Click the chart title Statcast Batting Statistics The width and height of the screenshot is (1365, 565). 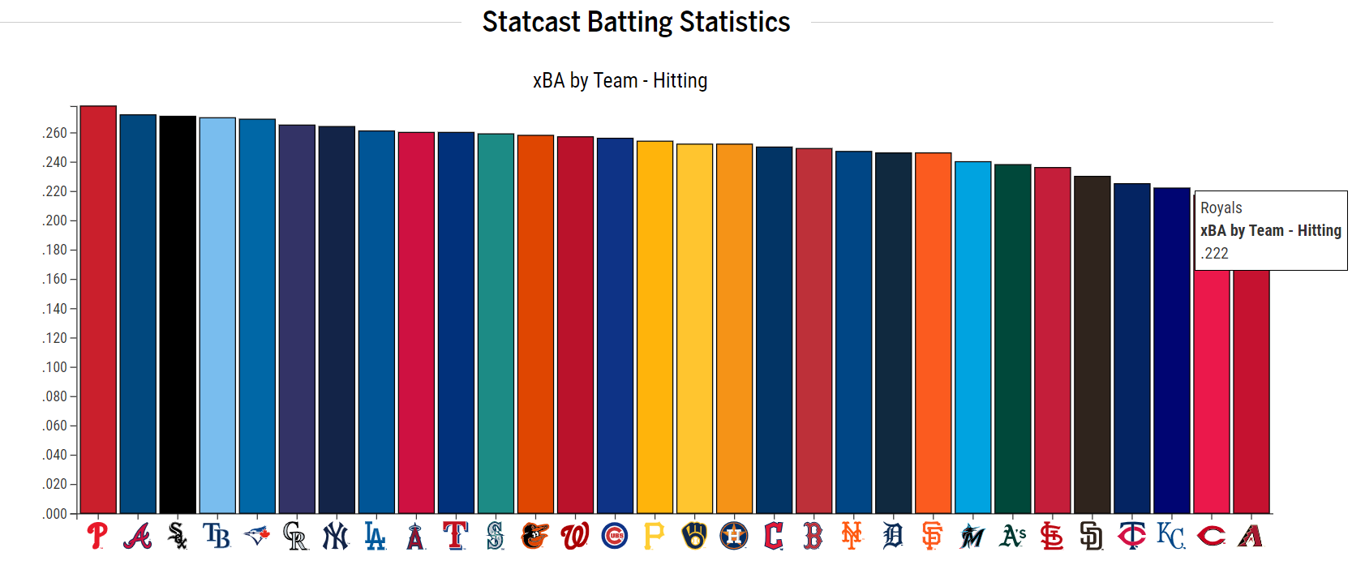click(x=636, y=22)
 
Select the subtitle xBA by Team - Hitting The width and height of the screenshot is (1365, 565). click(x=620, y=80)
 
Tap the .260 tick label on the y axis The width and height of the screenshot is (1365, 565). click(x=55, y=133)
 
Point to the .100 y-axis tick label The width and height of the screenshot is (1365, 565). click(x=55, y=367)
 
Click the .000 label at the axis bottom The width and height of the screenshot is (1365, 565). click(x=55, y=514)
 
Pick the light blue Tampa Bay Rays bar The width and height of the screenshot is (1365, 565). click(x=217, y=315)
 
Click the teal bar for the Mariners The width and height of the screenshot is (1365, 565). click(x=496, y=323)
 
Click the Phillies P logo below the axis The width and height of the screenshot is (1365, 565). click(x=98, y=536)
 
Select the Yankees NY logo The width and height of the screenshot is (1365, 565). click(x=336, y=536)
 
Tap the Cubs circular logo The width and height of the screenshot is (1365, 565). click(x=615, y=536)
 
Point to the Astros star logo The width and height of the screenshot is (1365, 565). click(x=734, y=536)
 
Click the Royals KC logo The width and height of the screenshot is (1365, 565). click(x=1171, y=536)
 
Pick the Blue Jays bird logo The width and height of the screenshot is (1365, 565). click(x=257, y=536)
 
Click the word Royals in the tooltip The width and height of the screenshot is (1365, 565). click(x=1221, y=208)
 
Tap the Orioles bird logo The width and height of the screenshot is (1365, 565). click(x=535, y=536)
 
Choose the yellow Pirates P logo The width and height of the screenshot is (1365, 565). click(x=654, y=536)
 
